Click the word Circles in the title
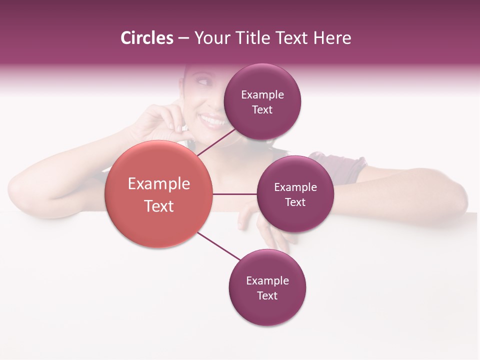point(146,38)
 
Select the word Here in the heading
point(332,38)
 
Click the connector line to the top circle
point(216,142)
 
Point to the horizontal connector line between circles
point(234,194)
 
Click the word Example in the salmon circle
point(159,183)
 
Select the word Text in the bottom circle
point(267,295)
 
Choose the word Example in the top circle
point(262,94)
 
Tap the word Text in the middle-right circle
point(295,202)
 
